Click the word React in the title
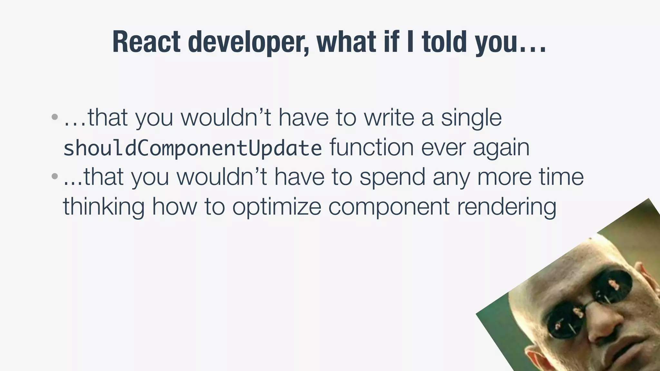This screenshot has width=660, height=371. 146,42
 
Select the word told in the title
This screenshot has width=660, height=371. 444,42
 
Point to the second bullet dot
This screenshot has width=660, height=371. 55,176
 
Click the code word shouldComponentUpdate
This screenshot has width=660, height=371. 192,148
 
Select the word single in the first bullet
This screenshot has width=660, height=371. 471,118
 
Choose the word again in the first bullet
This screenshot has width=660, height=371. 501,148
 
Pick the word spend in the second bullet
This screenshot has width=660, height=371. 392,177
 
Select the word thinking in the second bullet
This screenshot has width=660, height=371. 103,207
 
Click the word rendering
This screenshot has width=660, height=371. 507,207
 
